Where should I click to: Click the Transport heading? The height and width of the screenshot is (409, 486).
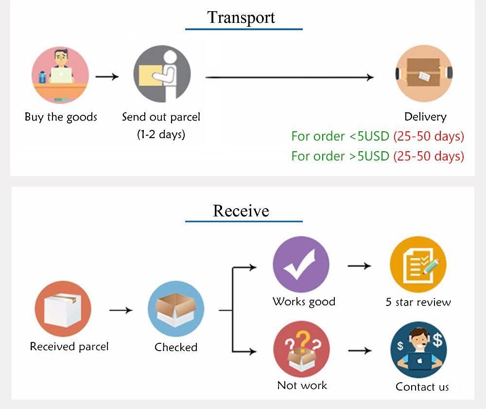pos(241,18)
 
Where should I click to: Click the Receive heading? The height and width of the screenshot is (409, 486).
pos(241,211)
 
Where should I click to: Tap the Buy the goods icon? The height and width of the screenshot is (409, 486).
pos(60,75)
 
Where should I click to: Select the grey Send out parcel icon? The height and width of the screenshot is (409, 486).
pos(162,75)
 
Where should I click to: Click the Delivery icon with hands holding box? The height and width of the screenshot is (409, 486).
pos(424,74)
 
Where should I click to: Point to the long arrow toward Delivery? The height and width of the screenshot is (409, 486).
pos(290,77)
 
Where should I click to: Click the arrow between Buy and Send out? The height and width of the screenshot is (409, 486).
pos(107,76)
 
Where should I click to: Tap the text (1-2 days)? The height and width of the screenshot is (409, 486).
pos(161,134)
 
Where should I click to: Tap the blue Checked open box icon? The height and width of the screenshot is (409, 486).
pos(175,309)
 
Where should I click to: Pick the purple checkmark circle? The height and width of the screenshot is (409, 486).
pos(301,265)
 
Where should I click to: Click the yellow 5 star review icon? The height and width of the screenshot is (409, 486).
pos(418,265)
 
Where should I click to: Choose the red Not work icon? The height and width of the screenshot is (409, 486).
pos(301,349)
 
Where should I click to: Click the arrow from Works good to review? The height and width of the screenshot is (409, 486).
pos(360,266)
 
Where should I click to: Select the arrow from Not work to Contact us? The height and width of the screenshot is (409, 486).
pos(360,351)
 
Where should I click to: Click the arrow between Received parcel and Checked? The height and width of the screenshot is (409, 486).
pos(121,310)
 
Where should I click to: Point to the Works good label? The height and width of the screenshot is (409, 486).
pos(304,302)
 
